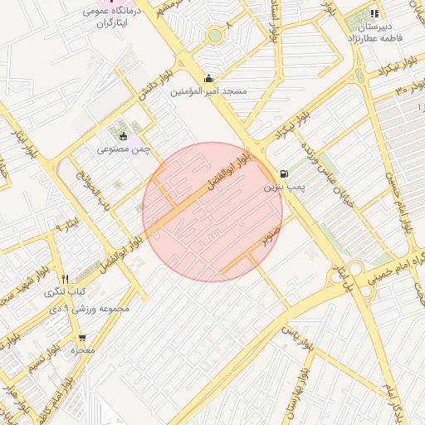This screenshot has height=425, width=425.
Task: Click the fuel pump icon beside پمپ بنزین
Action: click(286, 174)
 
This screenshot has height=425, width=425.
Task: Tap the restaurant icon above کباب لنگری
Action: click(66, 279)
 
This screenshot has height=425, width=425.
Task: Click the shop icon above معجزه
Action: click(82, 337)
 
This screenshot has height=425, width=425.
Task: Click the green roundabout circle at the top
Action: click(215, 36)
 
